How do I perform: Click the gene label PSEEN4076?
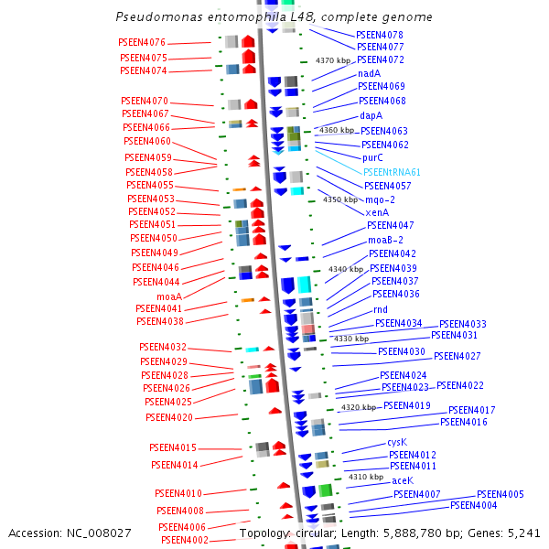coord(142,43)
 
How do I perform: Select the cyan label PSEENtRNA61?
coord(392,172)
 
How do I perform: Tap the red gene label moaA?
coord(168,296)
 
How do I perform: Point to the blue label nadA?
coord(370,73)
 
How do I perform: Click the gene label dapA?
coord(371,116)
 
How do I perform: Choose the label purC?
coord(372,158)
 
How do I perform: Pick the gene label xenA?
coord(377,212)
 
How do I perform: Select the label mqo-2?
coord(380,199)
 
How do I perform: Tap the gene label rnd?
coord(380,310)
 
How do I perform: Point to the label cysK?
coord(396,443)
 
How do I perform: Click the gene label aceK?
coord(403,480)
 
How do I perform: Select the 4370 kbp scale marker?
coord(333,60)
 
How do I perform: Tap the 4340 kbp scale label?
coord(346,270)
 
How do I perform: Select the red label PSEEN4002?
coord(184,540)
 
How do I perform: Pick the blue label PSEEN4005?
coord(500,494)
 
